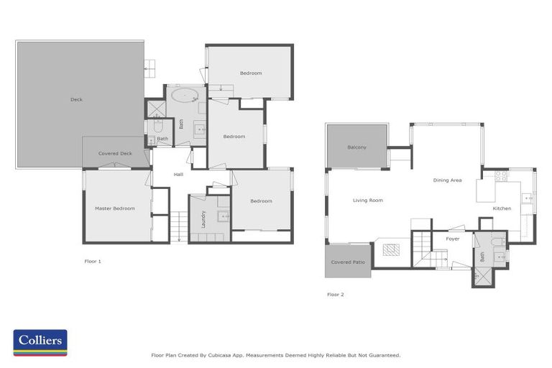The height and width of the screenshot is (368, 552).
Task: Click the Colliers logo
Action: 40,343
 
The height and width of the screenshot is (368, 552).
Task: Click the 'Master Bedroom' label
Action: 115,208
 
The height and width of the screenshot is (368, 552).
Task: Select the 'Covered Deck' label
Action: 115,153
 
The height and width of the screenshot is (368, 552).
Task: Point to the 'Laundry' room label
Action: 204,218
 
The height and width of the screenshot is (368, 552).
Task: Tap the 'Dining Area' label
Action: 446,180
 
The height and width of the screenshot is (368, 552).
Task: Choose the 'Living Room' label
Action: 367,201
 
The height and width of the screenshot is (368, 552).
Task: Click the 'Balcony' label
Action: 356,147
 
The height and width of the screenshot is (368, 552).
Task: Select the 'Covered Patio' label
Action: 348,262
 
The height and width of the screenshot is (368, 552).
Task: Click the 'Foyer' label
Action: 452,239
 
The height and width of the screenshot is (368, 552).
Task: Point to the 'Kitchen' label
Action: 502,208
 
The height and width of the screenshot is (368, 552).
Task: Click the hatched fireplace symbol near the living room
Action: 391,250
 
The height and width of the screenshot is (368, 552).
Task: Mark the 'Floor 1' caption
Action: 93,261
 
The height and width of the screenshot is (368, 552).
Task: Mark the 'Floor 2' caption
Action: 335,294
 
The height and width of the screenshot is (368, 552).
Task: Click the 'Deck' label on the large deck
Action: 76,99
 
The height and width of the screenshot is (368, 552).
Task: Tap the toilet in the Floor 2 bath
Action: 497,241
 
